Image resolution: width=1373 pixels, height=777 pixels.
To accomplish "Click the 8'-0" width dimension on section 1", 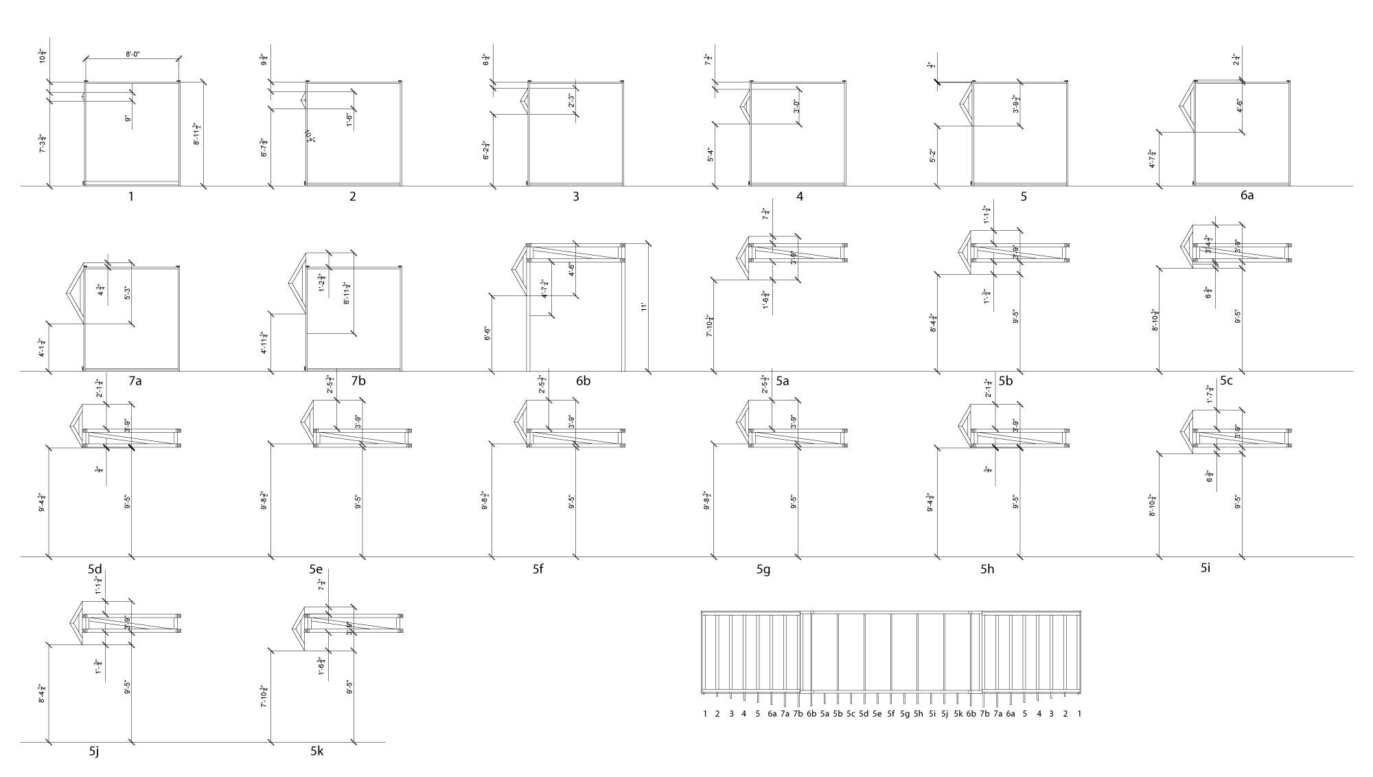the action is click(132, 54).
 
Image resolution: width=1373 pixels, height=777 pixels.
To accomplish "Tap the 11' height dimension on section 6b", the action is click(643, 307).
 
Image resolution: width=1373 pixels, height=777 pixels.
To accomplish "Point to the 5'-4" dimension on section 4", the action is click(709, 155).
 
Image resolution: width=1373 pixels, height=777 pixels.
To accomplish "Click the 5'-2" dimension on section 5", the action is click(932, 157).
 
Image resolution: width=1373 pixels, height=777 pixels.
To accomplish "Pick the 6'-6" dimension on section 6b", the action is click(487, 335).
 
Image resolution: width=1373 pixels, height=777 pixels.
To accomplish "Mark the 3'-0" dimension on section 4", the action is click(796, 106).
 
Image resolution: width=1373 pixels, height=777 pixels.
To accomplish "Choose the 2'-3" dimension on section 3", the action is click(571, 101).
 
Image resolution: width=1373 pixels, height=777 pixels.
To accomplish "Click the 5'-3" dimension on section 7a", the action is click(127, 293).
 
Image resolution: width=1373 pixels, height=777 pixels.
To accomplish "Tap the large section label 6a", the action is click(1247, 195).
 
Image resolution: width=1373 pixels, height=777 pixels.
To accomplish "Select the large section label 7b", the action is click(358, 381).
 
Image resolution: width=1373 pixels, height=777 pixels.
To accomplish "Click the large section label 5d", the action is click(95, 570).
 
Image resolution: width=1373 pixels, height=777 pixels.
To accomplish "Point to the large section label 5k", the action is click(316, 752).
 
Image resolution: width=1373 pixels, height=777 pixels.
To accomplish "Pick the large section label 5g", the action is click(763, 570).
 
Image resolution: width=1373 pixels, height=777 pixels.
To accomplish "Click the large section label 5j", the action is click(95, 752).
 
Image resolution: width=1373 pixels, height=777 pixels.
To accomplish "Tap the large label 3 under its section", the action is click(575, 196).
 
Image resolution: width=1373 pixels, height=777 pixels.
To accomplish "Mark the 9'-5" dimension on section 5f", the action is click(571, 502).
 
